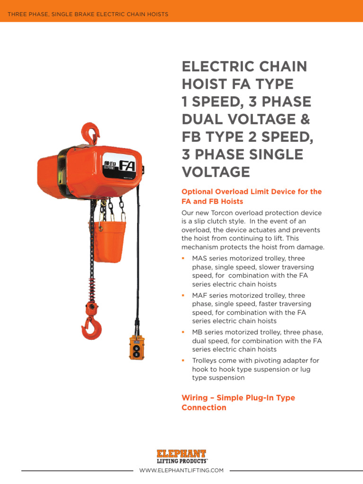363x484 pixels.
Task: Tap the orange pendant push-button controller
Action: (136, 347)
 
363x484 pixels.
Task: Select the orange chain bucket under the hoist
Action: (110, 241)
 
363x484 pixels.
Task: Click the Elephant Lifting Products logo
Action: (181, 456)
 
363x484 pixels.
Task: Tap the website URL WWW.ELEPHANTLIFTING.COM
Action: (181, 470)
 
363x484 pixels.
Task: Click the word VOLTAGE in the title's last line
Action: (216, 172)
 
